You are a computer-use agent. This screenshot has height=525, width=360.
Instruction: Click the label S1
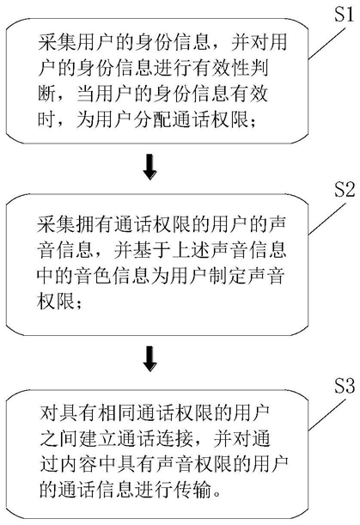click(x=344, y=15)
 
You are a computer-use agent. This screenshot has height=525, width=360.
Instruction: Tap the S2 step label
click(x=345, y=189)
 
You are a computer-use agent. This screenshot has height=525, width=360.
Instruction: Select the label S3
click(x=345, y=386)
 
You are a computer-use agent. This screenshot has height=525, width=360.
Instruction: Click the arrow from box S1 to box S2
click(x=149, y=167)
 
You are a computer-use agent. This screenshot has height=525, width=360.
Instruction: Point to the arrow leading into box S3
click(x=149, y=359)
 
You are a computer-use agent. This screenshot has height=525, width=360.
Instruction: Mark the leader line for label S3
click(x=326, y=414)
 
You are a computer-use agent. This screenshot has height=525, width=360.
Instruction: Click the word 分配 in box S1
click(x=154, y=119)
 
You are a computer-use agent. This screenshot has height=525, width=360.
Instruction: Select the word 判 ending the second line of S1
click(x=259, y=68)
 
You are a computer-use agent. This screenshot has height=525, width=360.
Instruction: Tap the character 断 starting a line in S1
click(x=46, y=93)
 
